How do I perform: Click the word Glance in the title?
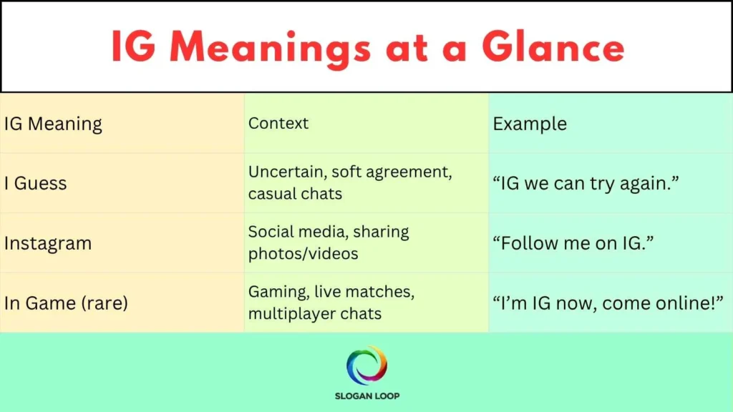coord(553,47)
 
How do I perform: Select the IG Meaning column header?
coord(53,124)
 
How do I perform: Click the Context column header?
coord(278,123)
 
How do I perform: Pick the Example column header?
coord(530,124)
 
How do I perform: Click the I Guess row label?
coord(36,183)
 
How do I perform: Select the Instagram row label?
coord(48,243)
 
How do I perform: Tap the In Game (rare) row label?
coord(66,303)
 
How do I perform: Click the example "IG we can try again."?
coord(586,183)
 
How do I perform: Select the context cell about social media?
coord(329,242)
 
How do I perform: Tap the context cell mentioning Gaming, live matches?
coord(331,303)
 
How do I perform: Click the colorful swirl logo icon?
coord(366,365)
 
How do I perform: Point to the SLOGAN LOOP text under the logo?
coord(366,396)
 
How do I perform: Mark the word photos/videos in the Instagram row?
coord(303,254)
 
